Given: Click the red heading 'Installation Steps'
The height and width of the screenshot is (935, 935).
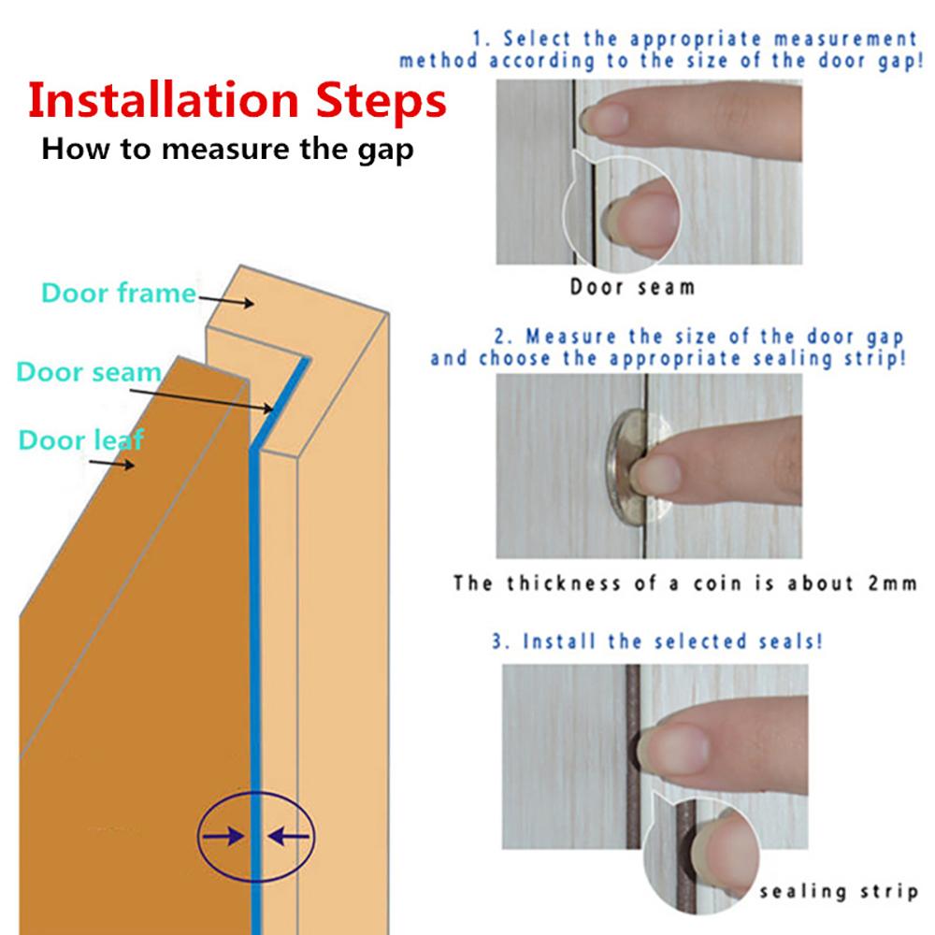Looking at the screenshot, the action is (x=237, y=101).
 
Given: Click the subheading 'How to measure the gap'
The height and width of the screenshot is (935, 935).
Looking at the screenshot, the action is (x=227, y=149).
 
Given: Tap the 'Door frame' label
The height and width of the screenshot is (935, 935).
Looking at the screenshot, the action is (x=119, y=293).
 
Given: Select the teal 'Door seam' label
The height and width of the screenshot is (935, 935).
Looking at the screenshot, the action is (x=89, y=371).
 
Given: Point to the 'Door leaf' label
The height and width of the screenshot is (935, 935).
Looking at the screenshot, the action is (x=81, y=440).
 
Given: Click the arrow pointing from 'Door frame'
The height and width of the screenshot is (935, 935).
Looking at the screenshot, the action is (x=226, y=300).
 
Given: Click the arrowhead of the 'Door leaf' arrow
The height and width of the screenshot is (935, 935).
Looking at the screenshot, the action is (x=128, y=464).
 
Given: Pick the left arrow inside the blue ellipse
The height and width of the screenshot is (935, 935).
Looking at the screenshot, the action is (x=223, y=836).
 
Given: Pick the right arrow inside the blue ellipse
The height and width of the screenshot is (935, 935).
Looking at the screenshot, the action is (x=289, y=836).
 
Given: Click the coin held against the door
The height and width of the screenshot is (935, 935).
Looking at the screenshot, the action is (x=627, y=467).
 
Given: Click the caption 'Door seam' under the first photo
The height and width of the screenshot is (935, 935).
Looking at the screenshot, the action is (x=633, y=287).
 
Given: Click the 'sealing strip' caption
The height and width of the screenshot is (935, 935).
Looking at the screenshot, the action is (x=839, y=891).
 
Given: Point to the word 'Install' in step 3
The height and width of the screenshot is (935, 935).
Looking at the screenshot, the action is (x=559, y=641).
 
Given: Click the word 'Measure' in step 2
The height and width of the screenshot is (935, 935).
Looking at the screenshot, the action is (x=570, y=337).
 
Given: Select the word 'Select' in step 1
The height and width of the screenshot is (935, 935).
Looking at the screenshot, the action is (x=538, y=39).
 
